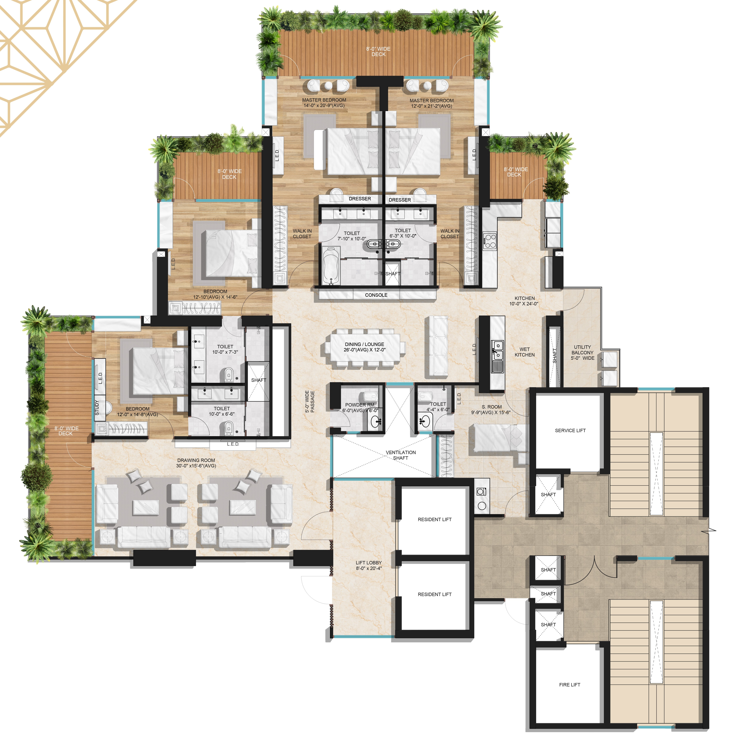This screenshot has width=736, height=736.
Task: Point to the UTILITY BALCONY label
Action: pyautogui.click(x=582, y=350)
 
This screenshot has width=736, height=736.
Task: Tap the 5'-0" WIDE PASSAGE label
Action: pyautogui.click(x=310, y=402)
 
